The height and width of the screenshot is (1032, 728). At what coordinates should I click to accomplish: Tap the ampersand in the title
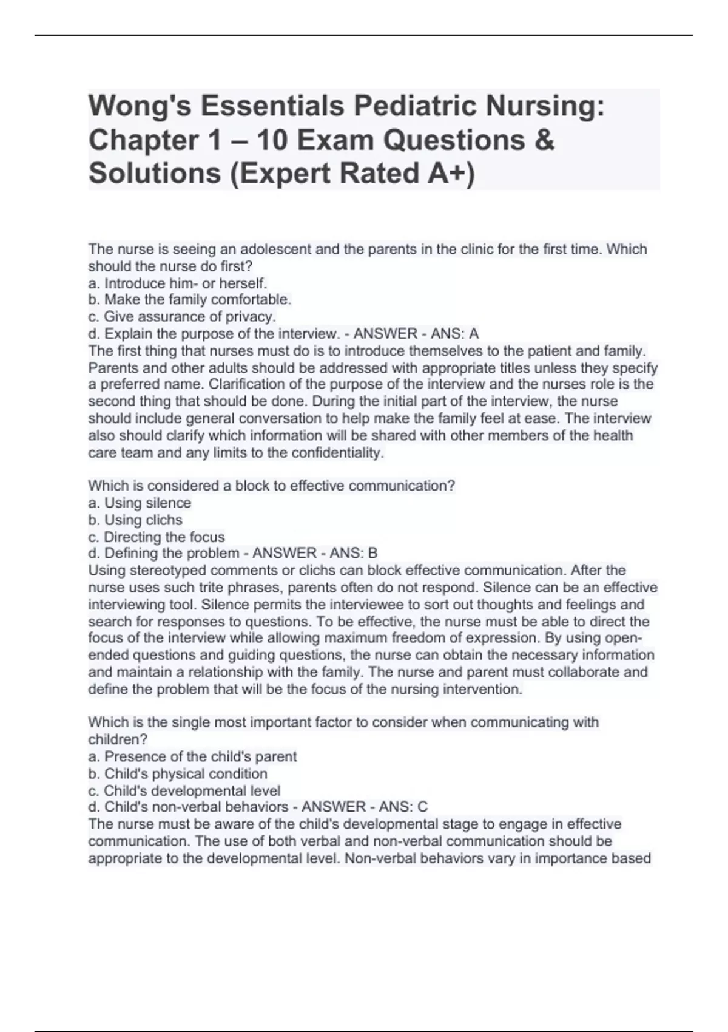pyautogui.click(x=545, y=140)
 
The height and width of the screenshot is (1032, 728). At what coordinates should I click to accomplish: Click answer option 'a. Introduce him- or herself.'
pyautogui.click(x=178, y=283)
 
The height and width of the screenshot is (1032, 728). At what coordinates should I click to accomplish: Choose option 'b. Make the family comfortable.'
pyautogui.click(x=190, y=300)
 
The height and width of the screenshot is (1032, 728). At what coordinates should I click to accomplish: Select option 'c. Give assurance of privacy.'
pyautogui.click(x=182, y=317)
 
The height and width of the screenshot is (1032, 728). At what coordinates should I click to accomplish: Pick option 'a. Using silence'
pyautogui.click(x=140, y=503)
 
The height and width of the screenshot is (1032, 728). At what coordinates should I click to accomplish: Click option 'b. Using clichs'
pyautogui.click(x=135, y=520)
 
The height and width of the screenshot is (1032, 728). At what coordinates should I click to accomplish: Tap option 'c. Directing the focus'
pyautogui.click(x=156, y=537)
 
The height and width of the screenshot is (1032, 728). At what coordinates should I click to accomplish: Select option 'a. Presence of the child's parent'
pyautogui.click(x=192, y=757)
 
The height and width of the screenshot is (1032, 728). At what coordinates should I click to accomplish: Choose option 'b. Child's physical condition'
pyautogui.click(x=178, y=774)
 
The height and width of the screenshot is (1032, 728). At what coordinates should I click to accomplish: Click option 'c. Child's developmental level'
pyautogui.click(x=184, y=791)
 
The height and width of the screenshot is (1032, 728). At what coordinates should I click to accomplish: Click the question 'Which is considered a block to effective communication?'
pyautogui.click(x=272, y=486)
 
